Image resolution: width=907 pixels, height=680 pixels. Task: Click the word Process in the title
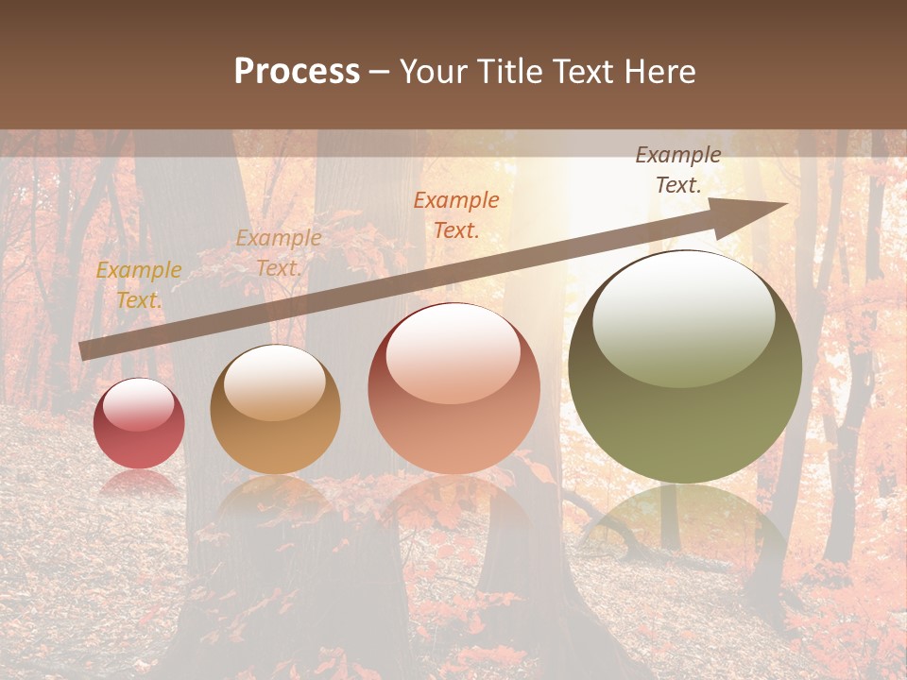point(297,72)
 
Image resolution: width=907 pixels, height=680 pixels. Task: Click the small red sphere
point(139,424)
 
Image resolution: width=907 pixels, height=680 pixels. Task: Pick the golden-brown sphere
point(275,410)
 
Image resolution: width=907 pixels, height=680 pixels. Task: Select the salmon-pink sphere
point(453,388)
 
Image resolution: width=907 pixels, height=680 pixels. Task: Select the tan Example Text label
point(278,252)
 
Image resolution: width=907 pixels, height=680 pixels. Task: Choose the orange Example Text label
point(456,214)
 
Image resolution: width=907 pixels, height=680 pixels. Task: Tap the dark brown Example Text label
point(677,170)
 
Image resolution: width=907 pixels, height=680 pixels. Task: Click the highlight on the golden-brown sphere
point(274,382)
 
